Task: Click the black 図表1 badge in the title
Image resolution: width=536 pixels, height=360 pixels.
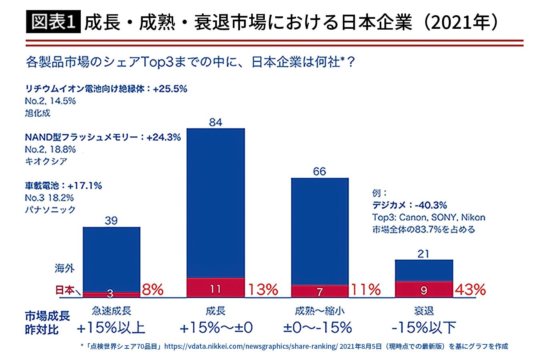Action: (53, 22)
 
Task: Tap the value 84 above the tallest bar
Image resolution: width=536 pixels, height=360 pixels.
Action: (216, 122)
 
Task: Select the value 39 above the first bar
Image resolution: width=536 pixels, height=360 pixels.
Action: (111, 220)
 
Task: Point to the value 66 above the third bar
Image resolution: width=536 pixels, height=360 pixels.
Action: (320, 171)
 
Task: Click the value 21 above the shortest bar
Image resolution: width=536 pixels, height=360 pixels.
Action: (423, 254)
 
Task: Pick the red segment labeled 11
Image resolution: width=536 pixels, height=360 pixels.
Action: (216, 288)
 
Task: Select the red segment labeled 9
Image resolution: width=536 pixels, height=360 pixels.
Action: (424, 289)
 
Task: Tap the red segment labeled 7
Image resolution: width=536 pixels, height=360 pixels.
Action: (320, 291)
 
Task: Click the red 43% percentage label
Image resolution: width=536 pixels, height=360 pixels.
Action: (470, 290)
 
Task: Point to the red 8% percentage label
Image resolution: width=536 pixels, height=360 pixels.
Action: (153, 290)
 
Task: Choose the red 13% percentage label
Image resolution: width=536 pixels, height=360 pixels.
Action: (263, 290)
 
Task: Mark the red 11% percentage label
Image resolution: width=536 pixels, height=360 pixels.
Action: (366, 290)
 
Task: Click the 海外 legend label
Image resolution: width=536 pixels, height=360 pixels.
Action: (64, 268)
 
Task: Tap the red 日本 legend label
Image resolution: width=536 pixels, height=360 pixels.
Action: (65, 290)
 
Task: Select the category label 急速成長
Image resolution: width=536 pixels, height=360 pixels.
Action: (112, 311)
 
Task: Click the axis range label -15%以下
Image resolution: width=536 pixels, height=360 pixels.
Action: (424, 328)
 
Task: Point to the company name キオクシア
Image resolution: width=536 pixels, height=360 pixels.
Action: (46, 161)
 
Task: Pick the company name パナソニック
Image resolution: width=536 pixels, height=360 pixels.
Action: (50, 210)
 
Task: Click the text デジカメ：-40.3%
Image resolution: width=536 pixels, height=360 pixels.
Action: (410, 205)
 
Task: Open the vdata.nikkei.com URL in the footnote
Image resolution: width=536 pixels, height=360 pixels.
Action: (251, 346)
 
